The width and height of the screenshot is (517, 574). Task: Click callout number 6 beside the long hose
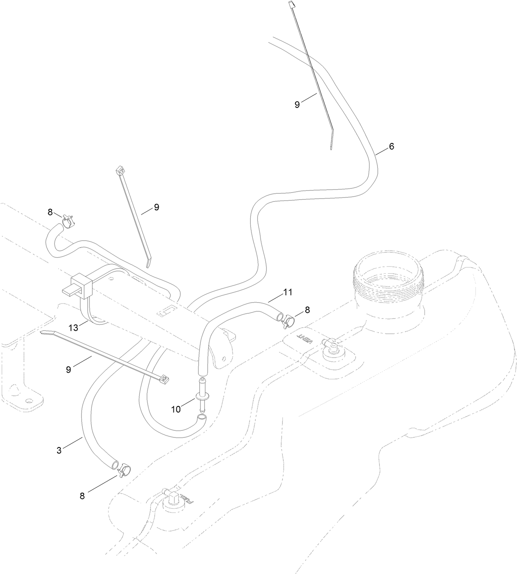[x=391, y=146]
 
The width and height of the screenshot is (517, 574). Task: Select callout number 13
[x=74, y=327]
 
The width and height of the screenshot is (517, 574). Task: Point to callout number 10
[x=176, y=409]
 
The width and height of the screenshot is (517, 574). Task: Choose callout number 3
[x=59, y=450]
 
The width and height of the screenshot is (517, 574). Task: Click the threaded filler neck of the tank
[x=388, y=280]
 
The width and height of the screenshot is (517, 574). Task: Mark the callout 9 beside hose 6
[x=297, y=104]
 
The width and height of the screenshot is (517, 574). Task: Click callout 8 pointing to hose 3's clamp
[x=82, y=496]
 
